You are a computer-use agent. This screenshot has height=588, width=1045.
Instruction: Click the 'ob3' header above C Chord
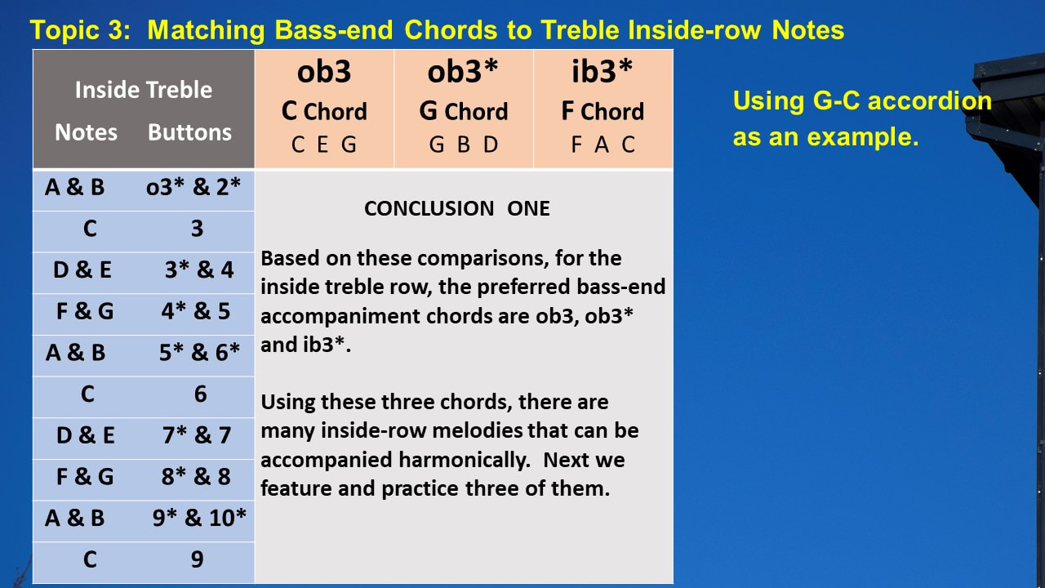pos(324,72)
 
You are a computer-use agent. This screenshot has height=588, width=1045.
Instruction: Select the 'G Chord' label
pos(463,111)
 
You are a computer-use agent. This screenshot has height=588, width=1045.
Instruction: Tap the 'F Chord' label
pos(603,111)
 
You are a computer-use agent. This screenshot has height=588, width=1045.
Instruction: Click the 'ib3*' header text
pos(602,71)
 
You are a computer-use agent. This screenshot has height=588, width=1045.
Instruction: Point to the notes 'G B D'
pos(464,145)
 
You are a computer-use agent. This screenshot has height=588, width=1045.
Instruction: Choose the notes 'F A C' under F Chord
pos(603,145)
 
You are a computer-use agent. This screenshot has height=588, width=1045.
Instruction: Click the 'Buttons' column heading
pos(189,132)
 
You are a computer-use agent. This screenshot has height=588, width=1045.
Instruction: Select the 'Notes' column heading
pos(86,132)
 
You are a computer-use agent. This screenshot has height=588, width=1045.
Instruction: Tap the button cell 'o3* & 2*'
pos(193,187)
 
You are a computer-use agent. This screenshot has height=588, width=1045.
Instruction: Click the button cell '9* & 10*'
pos(199,518)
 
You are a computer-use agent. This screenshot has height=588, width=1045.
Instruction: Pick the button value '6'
pos(200,394)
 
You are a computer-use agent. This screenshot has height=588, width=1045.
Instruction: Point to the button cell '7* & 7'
pos(197,435)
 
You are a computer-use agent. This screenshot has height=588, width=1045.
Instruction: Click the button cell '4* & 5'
pos(196,311)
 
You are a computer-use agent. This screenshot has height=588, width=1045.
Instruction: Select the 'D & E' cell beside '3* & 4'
pos(82,269)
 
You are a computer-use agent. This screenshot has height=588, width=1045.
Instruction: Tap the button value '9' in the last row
pos(197,559)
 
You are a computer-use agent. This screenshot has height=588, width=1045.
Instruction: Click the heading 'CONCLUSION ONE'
pos(456,208)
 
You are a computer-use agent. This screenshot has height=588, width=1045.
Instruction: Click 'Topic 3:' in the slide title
pos(80,30)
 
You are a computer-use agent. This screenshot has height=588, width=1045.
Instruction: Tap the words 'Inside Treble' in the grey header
pos(144,90)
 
